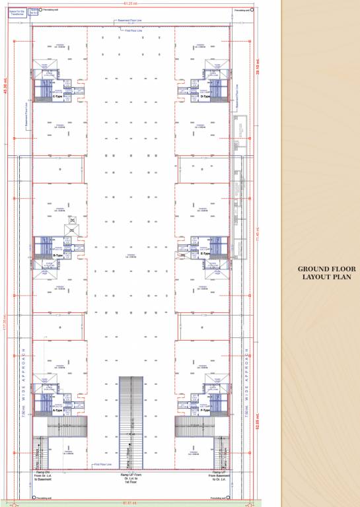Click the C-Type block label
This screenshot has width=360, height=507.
(x=57, y=96)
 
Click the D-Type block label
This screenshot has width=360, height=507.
(x=205, y=96)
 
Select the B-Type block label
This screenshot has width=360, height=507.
(x=57, y=255)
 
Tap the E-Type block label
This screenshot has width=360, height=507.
(x=205, y=253)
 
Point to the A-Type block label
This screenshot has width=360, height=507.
(x=57, y=410)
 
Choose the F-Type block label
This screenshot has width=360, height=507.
(x=205, y=410)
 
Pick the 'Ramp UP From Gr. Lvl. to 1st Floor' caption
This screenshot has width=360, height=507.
(x=131, y=478)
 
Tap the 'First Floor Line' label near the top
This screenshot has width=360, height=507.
(x=135, y=31)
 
